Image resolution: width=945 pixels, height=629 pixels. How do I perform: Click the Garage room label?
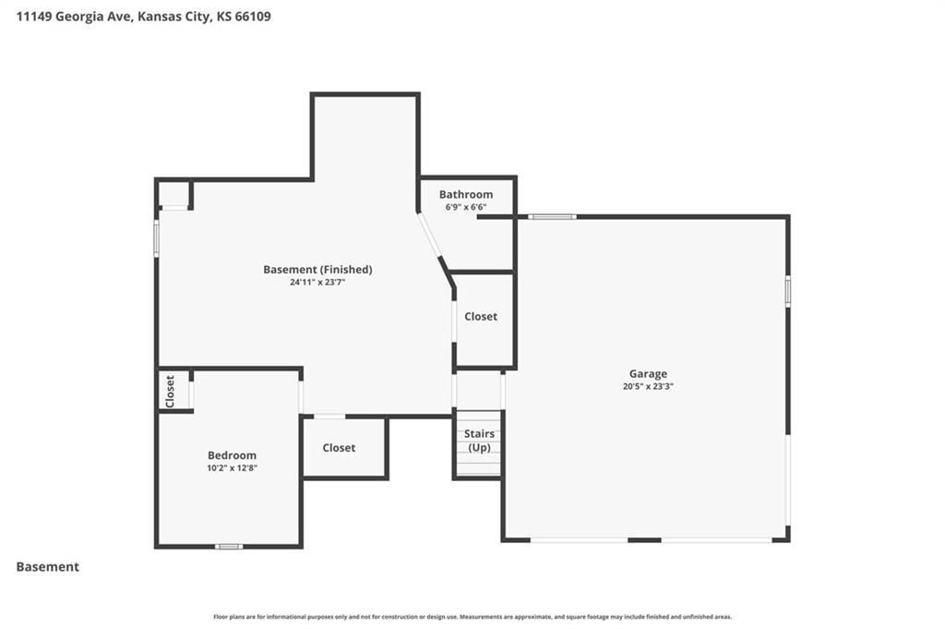click(x=648, y=374)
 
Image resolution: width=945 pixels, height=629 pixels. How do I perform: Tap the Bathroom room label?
click(x=466, y=194)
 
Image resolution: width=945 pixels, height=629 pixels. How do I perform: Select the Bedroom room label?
click(x=232, y=455)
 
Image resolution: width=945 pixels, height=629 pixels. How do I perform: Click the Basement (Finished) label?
click(x=317, y=270)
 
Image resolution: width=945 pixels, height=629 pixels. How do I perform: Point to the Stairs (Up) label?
click(x=479, y=441)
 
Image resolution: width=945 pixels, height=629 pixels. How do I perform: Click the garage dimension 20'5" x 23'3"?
click(x=648, y=387)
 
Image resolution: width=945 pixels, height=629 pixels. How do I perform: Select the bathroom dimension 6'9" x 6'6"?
click(x=466, y=207)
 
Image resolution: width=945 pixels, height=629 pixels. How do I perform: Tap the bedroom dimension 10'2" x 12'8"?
click(x=232, y=468)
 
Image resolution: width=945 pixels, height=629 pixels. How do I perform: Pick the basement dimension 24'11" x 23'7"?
click(x=317, y=283)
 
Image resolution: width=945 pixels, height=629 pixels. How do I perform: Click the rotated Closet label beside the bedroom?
click(x=170, y=391)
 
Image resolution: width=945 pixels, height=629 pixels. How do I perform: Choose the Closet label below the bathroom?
click(x=481, y=316)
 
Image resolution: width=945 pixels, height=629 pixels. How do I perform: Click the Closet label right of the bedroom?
click(x=339, y=447)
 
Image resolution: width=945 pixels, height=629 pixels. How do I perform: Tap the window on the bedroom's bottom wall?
click(x=229, y=547)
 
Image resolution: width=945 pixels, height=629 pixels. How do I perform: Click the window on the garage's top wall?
click(x=552, y=216)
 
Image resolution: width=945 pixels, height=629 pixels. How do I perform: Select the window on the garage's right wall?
click(x=787, y=292)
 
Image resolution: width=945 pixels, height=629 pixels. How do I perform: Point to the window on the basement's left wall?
click(x=156, y=239)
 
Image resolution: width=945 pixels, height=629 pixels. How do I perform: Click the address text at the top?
click(x=143, y=17)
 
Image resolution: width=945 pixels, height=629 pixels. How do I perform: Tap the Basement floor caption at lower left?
click(x=48, y=567)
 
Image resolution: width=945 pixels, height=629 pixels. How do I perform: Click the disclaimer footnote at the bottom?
click(x=472, y=617)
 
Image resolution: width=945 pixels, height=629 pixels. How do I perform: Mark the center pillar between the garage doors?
click(x=644, y=539)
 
